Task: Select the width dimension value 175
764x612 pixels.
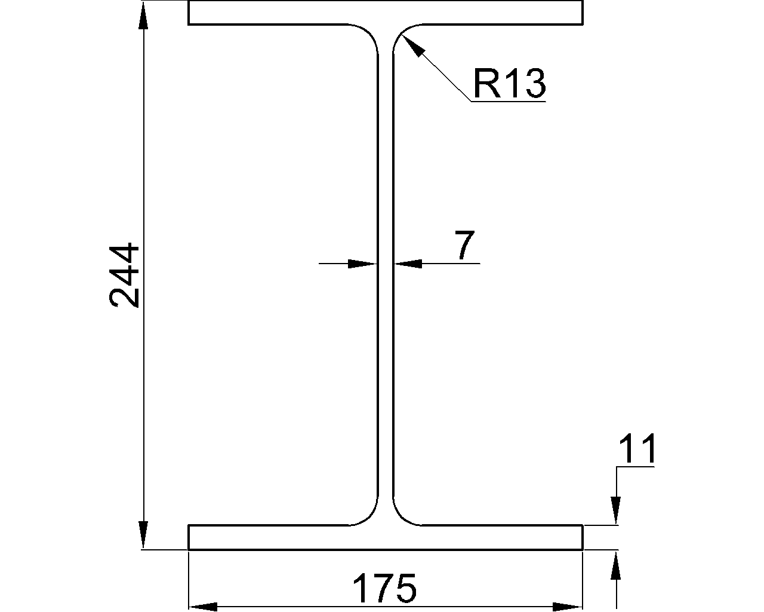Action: [x=384, y=588]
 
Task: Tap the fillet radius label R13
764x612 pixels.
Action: [x=509, y=83]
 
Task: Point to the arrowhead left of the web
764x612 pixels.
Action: [x=363, y=263]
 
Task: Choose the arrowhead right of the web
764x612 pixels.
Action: [x=407, y=263]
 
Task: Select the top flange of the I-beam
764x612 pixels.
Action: [x=385, y=13]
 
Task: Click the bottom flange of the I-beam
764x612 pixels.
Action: [x=385, y=537]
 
